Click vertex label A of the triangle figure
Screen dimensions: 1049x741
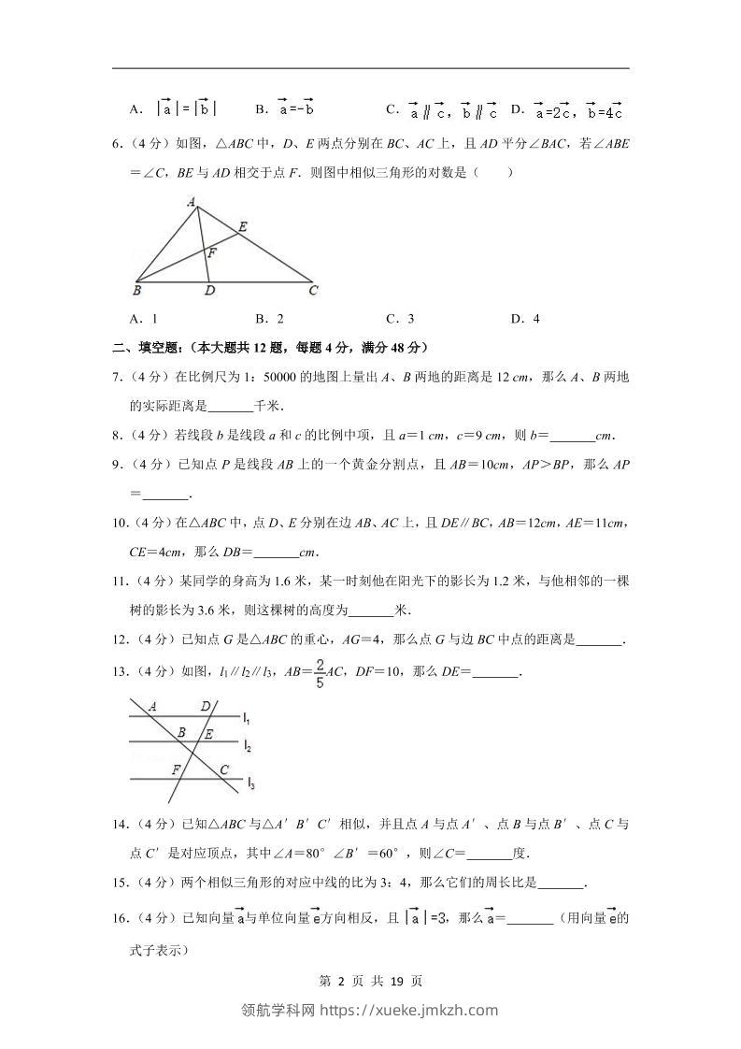(191, 200)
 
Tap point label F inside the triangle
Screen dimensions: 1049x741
(212, 252)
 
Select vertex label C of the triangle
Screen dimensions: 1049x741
(314, 291)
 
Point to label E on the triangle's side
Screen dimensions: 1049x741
(242, 226)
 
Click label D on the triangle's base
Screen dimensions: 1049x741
(209, 291)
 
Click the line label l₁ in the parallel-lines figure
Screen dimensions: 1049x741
(245, 718)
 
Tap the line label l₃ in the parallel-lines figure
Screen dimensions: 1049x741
(250, 783)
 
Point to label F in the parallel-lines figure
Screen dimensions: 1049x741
(175, 769)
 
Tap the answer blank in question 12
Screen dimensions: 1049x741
(599, 640)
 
